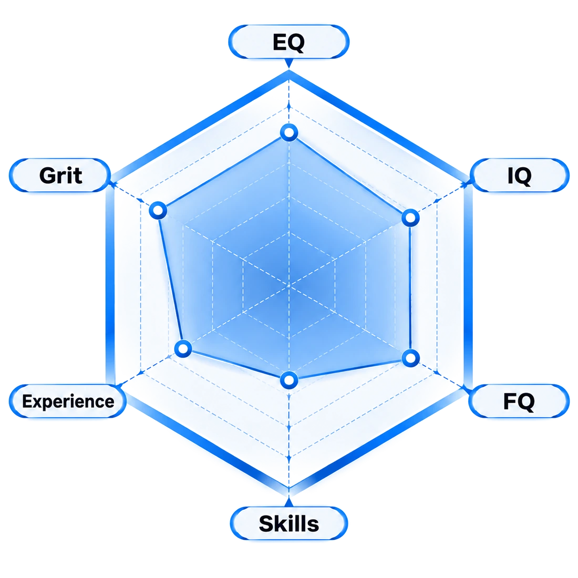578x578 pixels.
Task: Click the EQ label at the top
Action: click(289, 42)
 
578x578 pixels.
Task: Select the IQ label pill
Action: click(520, 176)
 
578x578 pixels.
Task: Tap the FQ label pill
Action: click(519, 401)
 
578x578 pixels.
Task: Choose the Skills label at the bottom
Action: click(289, 523)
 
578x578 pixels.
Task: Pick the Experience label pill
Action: click(68, 401)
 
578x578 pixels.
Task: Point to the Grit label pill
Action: click(60, 176)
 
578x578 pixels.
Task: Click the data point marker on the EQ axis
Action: click(289, 132)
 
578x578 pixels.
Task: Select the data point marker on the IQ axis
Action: click(410, 218)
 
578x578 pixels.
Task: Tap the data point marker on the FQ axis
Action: click(410, 357)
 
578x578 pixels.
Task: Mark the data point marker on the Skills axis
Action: click(289, 380)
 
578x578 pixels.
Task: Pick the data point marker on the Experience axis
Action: click(183, 348)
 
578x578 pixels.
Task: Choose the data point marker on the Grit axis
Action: click(158, 211)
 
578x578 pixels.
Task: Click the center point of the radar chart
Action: click(289, 286)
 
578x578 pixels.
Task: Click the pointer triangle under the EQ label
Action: click(289, 64)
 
